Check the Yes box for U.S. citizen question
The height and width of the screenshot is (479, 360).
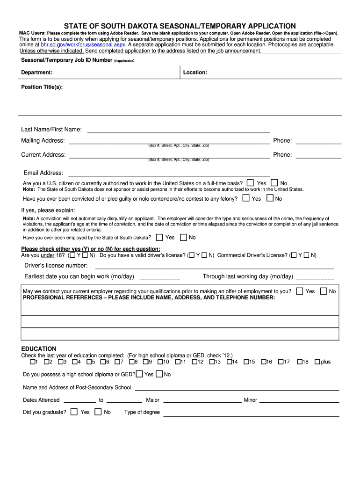tap(251, 182)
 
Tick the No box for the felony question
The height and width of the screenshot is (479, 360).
tap(270, 198)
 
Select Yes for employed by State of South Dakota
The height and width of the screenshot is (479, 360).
tap(159, 237)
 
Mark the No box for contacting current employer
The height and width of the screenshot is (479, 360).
tap(324, 291)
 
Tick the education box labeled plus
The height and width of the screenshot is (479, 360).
tap(317, 362)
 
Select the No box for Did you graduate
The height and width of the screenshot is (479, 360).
tap(98, 412)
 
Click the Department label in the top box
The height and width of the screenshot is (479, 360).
tap(36, 73)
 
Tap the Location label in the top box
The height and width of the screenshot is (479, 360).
tap(195, 73)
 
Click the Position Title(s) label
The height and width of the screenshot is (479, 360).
tap(42, 87)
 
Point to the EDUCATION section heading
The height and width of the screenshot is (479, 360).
tap(39, 348)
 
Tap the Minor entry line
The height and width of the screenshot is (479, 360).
tap(299, 401)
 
